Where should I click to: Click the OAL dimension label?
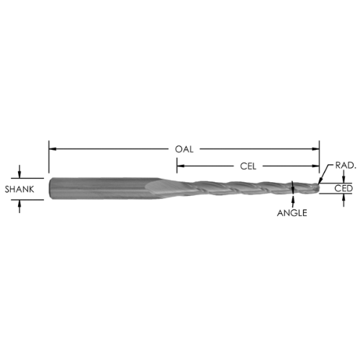pos(184,149)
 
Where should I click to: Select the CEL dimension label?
pos(248,166)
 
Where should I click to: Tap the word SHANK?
pos(19,189)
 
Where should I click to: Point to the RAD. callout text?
pos(346,166)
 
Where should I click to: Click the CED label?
pos(343,189)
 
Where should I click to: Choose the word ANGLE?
pos(292,213)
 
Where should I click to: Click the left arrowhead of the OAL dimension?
pos(53,149)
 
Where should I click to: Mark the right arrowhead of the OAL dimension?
pos(315,149)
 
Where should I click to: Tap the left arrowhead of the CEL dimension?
pos(181,166)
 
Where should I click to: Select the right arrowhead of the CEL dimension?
pos(315,166)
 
